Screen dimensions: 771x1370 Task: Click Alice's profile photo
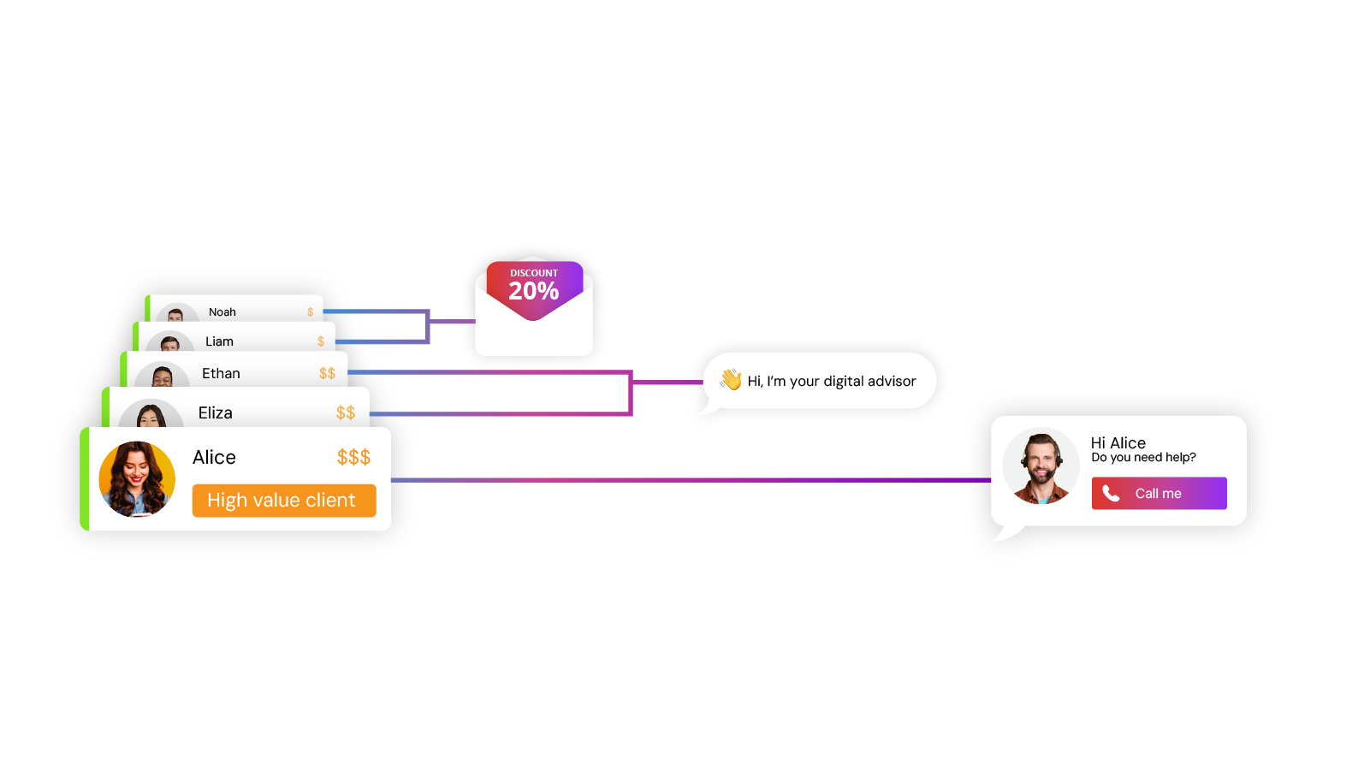tap(137, 479)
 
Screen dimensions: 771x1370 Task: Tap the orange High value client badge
tap(283, 501)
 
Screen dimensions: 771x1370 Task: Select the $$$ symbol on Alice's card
tap(353, 458)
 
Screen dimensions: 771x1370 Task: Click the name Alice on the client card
tap(214, 458)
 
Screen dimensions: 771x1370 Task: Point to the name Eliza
tap(215, 413)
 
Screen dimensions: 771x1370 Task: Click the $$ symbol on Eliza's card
tap(346, 413)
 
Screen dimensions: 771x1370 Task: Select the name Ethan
tap(221, 374)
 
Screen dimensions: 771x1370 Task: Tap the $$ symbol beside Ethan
tap(327, 374)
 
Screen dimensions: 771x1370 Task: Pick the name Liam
tap(219, 341)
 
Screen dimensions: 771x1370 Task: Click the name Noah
tap(222, 312)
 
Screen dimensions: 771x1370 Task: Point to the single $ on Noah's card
tap(310, 312)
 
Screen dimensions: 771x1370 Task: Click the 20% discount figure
tap(533, 292)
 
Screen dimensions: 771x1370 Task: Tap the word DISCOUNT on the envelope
tap(534, 273)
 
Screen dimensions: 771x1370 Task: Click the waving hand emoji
tap(731, 379)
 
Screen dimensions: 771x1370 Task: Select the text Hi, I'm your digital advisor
tap(832, 382)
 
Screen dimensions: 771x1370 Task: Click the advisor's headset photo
tap(1041, 467)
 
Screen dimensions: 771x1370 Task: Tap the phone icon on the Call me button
tap(1111, 494)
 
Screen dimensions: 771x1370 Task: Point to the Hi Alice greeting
tap(1118, 443)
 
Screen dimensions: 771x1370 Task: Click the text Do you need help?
tap(1143, 458)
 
